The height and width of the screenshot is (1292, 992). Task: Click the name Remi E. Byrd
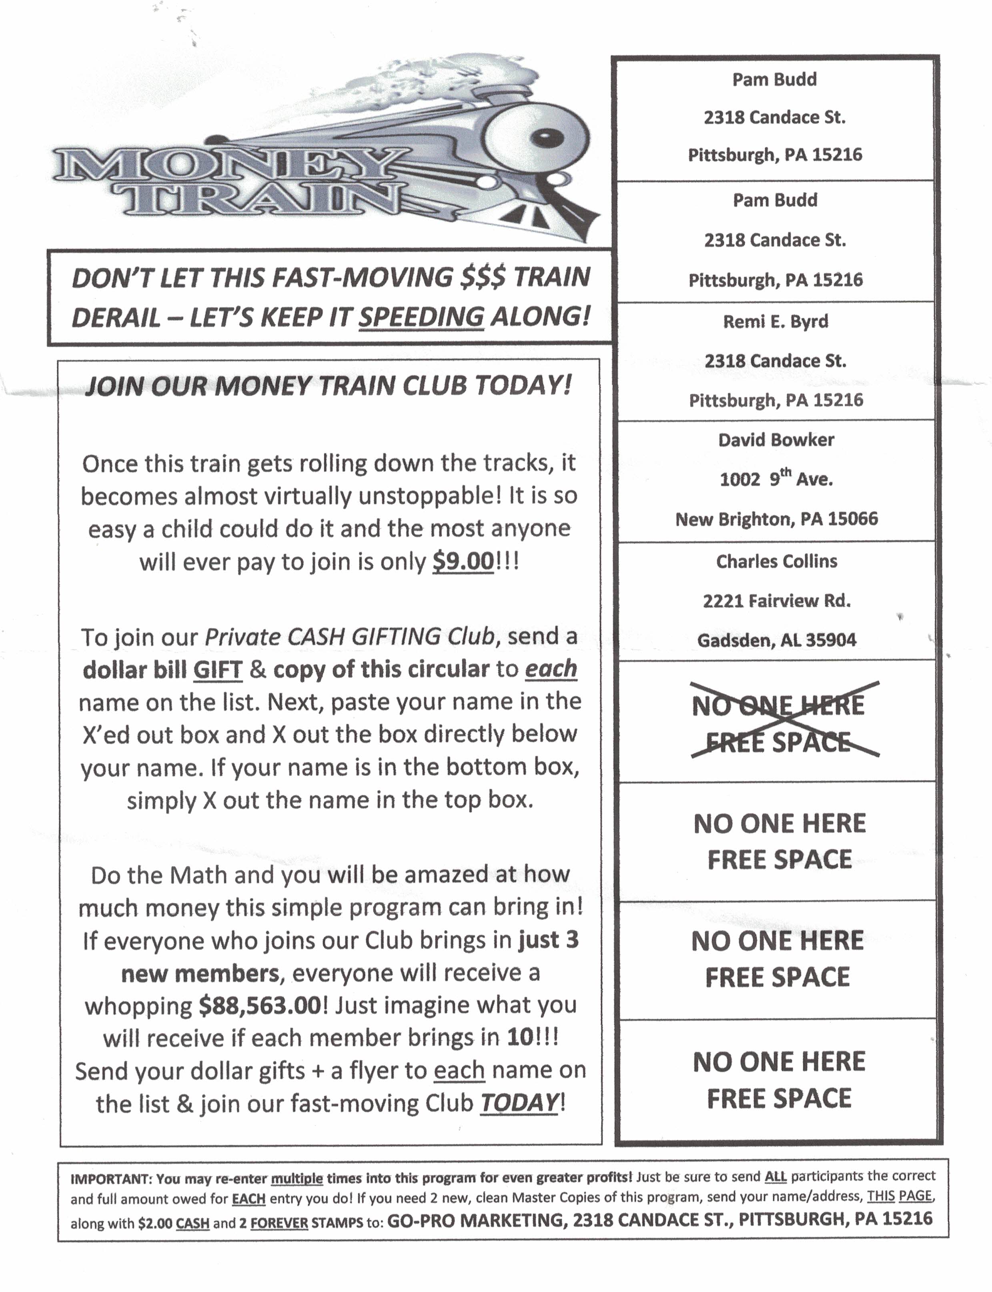(x=775, y=322)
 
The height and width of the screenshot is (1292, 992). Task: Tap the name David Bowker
(x=776, y=440)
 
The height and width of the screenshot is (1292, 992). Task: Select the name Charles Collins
(x=776, y=561)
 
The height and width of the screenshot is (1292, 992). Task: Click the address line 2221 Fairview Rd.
(x=776, y=601)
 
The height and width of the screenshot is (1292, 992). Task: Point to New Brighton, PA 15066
(x=776, y=519)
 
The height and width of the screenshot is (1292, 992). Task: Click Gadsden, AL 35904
(x=776, y=640)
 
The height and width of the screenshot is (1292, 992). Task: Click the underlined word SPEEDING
(x=421, y=317)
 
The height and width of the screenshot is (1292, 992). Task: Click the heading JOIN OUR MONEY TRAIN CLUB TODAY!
(x=328, y=386)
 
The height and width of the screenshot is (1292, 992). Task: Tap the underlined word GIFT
(x=217, y=670)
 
